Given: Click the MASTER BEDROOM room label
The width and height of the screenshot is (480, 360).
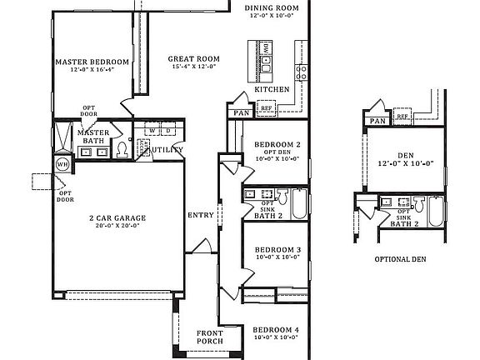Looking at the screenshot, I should click(x=92, y=62).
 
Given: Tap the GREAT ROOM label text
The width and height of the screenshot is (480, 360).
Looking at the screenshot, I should click(x=193, y=59).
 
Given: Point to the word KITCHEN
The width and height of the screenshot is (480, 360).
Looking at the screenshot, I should click(x=272, y=88).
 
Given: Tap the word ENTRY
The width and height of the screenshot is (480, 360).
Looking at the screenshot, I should click(x=201, y=215).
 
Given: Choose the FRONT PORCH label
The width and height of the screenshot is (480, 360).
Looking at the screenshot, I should click(x=210, y=337).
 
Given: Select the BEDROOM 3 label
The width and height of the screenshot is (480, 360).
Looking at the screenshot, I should click(x=277, y=250).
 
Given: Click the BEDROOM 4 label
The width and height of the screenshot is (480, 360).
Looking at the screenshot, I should click(x=276, y=329).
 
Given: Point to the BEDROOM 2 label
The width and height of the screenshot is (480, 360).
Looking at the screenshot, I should click(x=277, y=145).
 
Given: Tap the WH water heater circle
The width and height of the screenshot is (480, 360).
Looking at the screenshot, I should click(x=62, y=164).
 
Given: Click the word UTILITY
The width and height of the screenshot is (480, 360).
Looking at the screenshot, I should click(x=167, y=149).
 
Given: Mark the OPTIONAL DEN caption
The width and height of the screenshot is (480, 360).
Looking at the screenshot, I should click(x=400, y=259).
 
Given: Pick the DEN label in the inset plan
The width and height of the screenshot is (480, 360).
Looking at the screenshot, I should click(x=406, y=155).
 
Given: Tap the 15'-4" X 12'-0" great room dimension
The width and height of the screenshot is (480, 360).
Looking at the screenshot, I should click(x=193, y=68).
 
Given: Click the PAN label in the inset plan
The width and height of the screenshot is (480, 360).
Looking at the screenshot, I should click(x=377, y=121).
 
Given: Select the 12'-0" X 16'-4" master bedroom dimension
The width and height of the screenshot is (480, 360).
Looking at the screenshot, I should click(x=92, y=71).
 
